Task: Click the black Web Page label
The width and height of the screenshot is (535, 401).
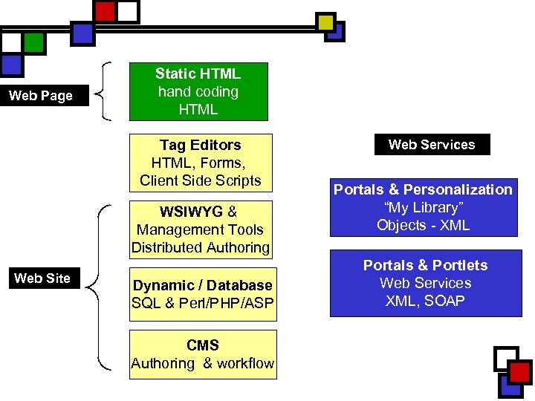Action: click(x=41, y=96)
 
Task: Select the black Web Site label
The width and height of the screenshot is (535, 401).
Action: click(x=42, y=278)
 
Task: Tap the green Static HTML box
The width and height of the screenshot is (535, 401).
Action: click(x=198, y=91)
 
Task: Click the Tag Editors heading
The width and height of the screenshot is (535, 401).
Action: click(x=200, y=145)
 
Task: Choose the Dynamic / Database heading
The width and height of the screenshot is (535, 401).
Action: click(x=202, y=285)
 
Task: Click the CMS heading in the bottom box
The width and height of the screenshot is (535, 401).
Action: click(x=203, y=345)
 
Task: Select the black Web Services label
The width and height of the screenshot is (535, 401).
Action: click(x=432, y=145)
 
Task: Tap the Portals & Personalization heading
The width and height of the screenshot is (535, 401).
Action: click(x=423, y=189)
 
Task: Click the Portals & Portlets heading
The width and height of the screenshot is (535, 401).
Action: click(x=425, y=265)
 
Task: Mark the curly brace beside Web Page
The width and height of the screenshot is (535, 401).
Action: click(x=106, y=91)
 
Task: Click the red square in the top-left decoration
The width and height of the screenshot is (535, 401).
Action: click(x=106, y=12)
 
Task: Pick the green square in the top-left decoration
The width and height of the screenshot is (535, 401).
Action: click(x=33, y=43)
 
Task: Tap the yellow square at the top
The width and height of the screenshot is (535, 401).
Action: click(x=325, y=22)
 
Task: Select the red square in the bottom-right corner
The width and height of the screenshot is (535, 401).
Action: click(x=520, y=372)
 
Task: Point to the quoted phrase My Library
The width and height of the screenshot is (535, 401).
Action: click(x=423, y=207)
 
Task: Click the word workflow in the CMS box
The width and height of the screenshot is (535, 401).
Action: click(x=244, y=363)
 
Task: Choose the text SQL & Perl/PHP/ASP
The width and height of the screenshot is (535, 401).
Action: click(x=202, y=303)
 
